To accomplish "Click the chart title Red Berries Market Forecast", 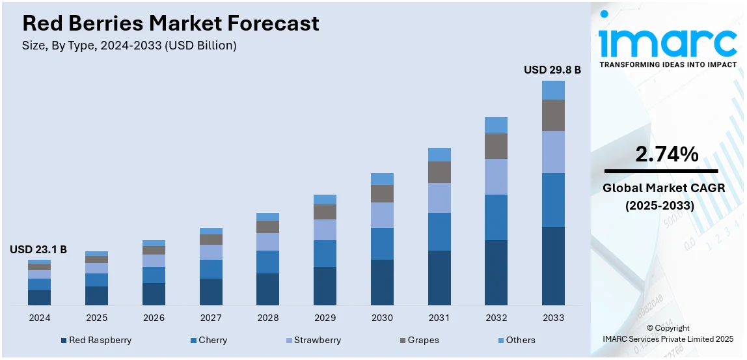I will [x=170, y=23].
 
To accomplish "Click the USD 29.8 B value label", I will [x=552, y=70].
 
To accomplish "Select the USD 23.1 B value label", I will [x=38, y=249].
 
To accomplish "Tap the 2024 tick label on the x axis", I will [x=39, y=318].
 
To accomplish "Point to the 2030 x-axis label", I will [x=382, y=318].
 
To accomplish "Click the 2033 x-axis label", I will [x=553, y=318].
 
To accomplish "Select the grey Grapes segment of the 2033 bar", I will [x=553, y=115].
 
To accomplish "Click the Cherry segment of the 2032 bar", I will [x=496, y=217].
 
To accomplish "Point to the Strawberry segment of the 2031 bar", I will [x=439, y=198].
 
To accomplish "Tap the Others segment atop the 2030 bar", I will [x=382, y=179].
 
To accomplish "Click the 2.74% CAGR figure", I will [x=667, y=154].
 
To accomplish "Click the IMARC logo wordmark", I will [x=668, y=43].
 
